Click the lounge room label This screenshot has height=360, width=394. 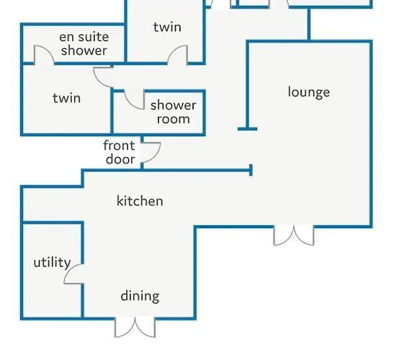coord(309,92)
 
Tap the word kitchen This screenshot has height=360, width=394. coord(140,201)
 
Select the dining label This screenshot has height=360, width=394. coord(140,296)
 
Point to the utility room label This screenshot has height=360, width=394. coord(52,263)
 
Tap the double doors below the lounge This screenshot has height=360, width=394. coord(293,235)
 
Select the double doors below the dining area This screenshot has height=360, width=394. coord(135,328)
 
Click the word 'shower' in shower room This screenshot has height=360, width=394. coord(173,106)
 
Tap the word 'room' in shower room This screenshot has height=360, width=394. coord(173,119)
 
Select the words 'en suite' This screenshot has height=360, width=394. coord(84,37)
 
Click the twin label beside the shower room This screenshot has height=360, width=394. coord(67,98)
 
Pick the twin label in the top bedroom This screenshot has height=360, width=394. coord(167,27)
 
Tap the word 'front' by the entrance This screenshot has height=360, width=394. coord(119,145)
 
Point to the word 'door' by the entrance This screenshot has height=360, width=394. coord(120,159)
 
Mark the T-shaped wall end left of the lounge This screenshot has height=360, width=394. coord(248,129)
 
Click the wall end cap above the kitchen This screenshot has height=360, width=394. coord(251,171)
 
